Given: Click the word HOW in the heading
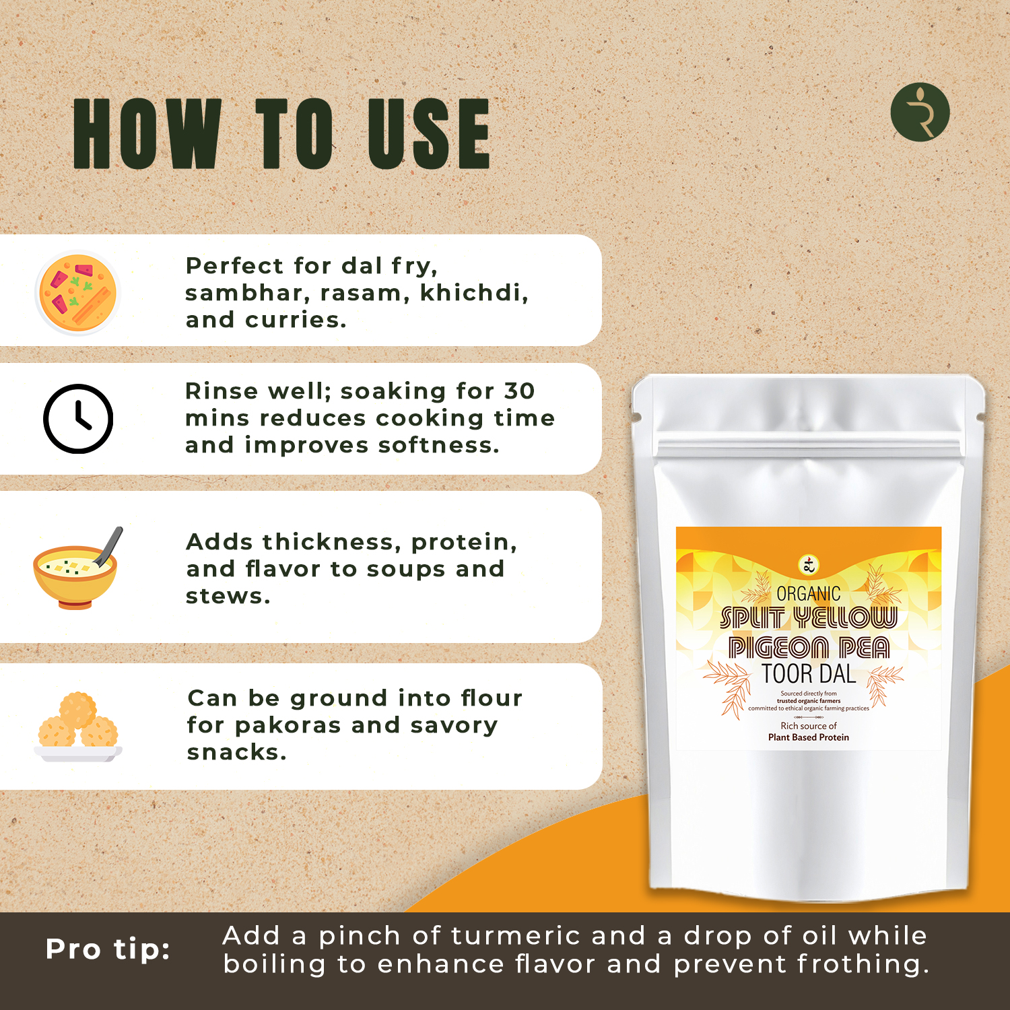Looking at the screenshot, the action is tap(147, 133).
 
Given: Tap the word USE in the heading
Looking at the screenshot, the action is tap(429, 133).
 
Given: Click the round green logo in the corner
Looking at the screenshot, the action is tap(920, 112).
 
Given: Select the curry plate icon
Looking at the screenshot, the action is tap(77, 293).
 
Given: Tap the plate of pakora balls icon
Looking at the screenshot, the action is tap(78, 727).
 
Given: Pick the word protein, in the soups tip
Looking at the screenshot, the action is tap(464, 543).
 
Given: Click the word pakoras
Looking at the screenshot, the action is tap(288, 725).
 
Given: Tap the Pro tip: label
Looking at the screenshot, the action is tap(108, 949).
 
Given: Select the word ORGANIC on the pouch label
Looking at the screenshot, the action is tap(809, 594).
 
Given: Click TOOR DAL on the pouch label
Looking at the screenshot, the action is tap(809, 674).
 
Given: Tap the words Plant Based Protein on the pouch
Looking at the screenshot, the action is tap(809, 737).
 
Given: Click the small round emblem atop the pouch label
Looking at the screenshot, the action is tap(809, 566).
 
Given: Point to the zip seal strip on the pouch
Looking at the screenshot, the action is tap(808, 447).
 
